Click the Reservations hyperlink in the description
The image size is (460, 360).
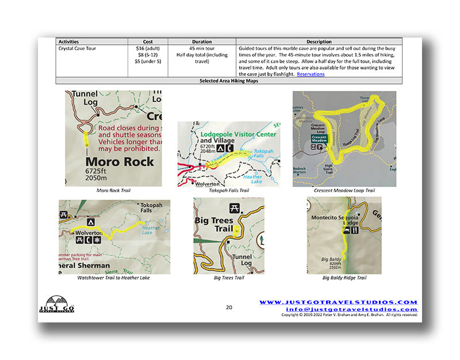pyautogui.click(x=310, y=74)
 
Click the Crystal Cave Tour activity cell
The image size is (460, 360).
pyautogui.click(x=77, y=48)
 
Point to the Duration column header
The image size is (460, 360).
pyautogui.click(x=201, y=42)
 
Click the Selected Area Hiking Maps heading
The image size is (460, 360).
pyautogui.click(x=229, y=81)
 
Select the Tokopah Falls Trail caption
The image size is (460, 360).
pyautogui.click(x=229, y=190)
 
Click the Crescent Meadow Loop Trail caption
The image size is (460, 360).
pyautogui.click(x=344, y=190)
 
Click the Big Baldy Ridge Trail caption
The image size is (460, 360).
pyautogui.click(x=344, y=278)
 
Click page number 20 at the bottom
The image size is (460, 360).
pyautogui.click(x=229, y=307)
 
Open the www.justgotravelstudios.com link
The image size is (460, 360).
pyautogui.click(x=338, y=302)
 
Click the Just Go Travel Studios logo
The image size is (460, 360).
pyautogui.click(x=60, y=304)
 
